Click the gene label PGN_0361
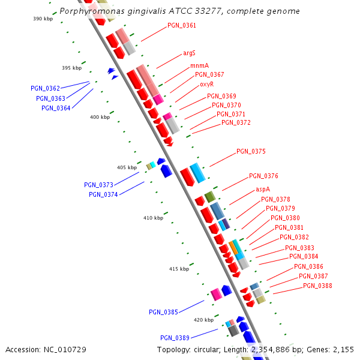click(x=181, y=26)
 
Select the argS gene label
click(x=190, y=53)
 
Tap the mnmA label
click(x=200, y=65)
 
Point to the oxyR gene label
click(x=206, y=84)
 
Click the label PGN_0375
click(x=251, y=152)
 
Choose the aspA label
click(x=263, y=189)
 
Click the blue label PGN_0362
click(x=46, y=88)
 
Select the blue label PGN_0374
click(x=103, y=194)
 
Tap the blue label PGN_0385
click(x=163, y=312)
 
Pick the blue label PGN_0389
click(x=175, y=338)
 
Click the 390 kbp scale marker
click(x=43, y=19)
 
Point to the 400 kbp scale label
click(x=100, y=118)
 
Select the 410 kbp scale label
click(x=153, y=218)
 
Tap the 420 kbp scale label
click(x=204, y=320)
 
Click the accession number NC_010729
click(x=69, y=349)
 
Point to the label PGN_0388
click(x=317, y=286)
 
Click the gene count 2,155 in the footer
click(x=343, y=349)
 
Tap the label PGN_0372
click(x=236, y=122)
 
